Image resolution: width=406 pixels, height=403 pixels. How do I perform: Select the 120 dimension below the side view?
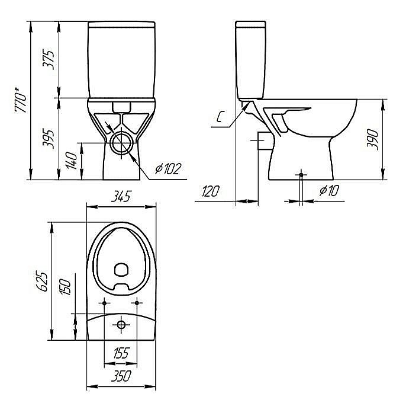click(x=211, y=191)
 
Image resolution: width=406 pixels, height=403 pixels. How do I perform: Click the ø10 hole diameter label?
click(x=328, y=191)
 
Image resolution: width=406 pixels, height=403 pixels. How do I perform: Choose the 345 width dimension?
click(x=121, y=197)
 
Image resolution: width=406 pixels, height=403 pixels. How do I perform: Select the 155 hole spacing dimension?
click(x=121, y=354)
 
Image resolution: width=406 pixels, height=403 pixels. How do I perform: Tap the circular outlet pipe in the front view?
click(x=123, y=143)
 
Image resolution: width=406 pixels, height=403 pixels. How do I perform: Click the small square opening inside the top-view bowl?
click(x=121, y=269)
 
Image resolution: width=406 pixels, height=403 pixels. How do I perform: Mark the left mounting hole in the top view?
click(x=105, y=303)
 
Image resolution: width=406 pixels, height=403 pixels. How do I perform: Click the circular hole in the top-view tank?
click(x=121, y=324)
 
